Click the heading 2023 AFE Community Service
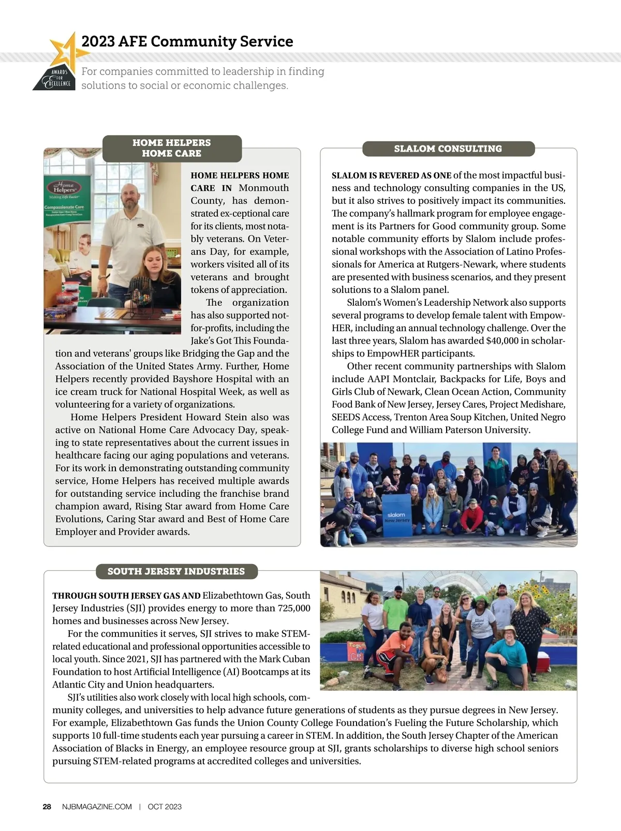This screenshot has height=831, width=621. coord(187,41)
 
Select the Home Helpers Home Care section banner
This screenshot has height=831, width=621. coord(172,148)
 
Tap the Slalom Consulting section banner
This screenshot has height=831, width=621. coord(448,149)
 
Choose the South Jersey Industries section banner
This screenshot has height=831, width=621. coord(176,571)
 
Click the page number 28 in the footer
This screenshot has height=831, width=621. coord(47,807)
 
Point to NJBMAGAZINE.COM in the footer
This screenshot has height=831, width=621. coord(97,807)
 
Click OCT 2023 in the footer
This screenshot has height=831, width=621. coord(165,807)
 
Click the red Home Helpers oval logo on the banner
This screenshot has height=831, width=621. coord(65,187)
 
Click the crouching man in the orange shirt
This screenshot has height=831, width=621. coord(393,649)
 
